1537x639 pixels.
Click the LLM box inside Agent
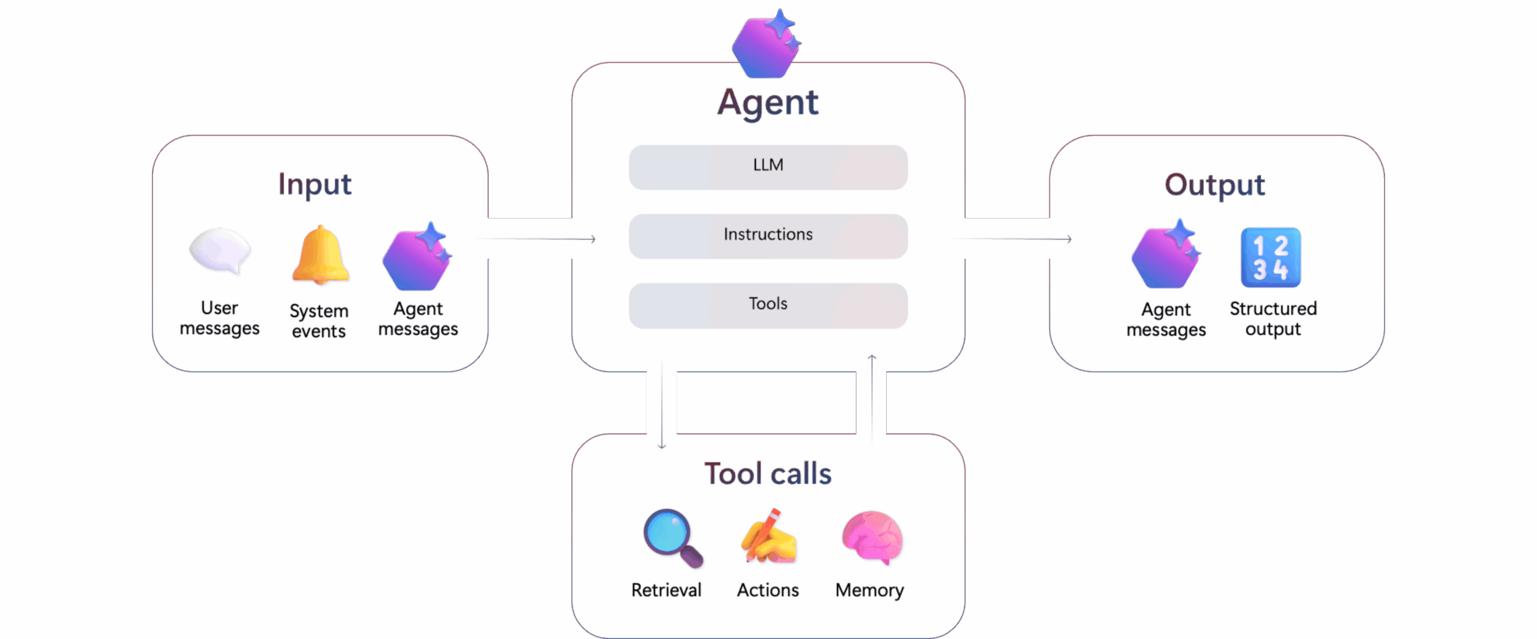[768, 167]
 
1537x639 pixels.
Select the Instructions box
[768, 236]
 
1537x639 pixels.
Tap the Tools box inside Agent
[768, 305]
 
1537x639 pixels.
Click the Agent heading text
[767, 103]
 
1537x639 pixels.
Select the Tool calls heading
[768, 473]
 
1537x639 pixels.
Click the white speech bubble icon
[219, 251]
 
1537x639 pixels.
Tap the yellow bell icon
[320, 255]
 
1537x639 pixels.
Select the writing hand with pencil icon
[768, 536]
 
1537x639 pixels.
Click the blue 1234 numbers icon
[1270, 257]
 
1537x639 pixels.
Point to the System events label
[319, 321]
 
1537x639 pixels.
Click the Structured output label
[1273, 318]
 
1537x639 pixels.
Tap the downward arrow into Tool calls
[662, 402]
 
